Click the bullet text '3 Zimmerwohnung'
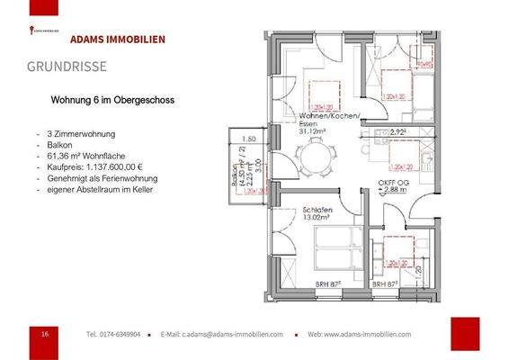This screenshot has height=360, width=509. coord(81,134)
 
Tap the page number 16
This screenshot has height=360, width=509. coord(45,334)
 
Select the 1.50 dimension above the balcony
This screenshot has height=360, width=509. coord(252,139)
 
